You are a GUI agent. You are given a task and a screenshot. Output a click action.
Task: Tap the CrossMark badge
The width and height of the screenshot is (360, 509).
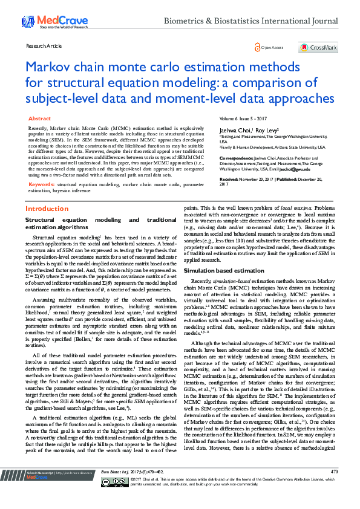(318, 47)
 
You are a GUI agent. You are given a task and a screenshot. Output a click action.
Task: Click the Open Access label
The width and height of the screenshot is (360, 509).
(272, 47)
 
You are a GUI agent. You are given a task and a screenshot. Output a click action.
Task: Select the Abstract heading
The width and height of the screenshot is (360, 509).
(40, 119)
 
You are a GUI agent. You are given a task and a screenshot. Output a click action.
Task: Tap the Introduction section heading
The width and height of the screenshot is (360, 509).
(47, 209)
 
